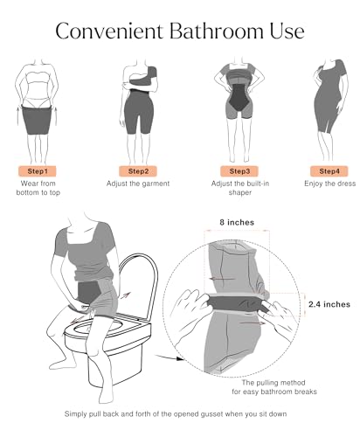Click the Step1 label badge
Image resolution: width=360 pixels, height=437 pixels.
tap(38, 170)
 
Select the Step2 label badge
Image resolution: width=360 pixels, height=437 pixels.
tap(137, 170)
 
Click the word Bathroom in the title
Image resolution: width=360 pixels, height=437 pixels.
tap(206, 32)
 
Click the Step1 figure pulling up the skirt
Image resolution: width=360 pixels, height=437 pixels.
tap(38, 105)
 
